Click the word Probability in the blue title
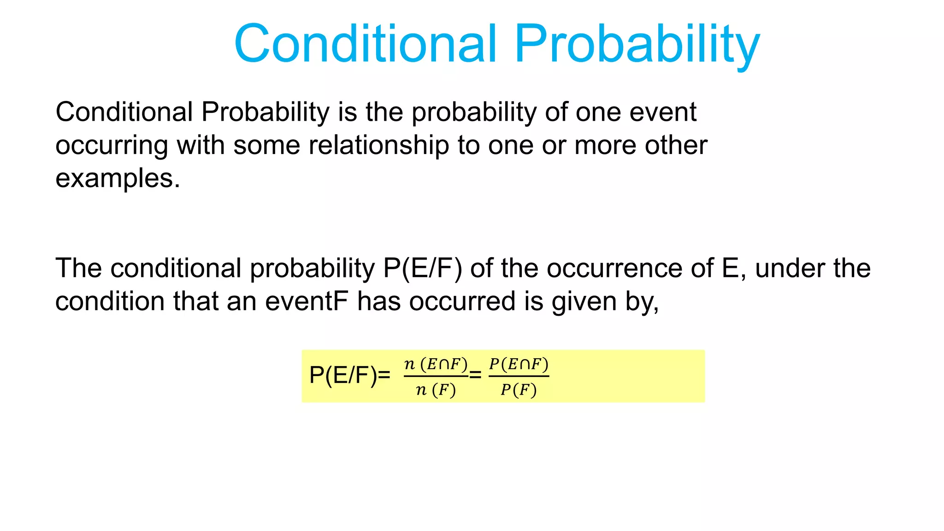click(x=637, y=45)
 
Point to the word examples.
click(x=117, y=179)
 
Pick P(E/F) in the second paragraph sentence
click(x=422, y=268)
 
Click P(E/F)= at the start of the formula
click(x=349, y=375)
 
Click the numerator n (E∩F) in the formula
click(x=436, y=364)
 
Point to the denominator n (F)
click(x=436, y=390)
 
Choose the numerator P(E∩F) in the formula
click(x=519, y=364)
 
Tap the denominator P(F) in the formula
click(x=519, y=390)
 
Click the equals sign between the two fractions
click(x=475, y=375)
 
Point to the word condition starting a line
click(x=110, y=301)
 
